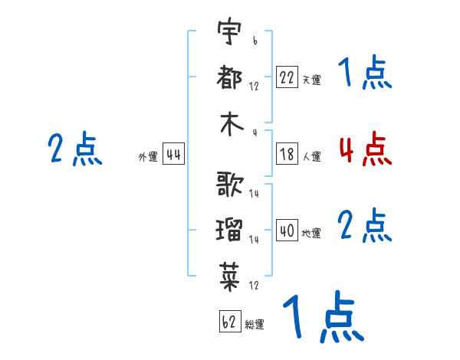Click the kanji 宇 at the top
(x=229, y=31)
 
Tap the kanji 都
(x=229, y=77)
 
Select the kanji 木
(x=232, y=124)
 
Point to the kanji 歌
(x=230, y=184)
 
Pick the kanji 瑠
(x=229, y=230)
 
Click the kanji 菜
(x=229, y=277)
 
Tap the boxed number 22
(x=287, y=77)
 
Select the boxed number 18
(x=287, y=154)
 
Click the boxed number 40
(x=287, y=230)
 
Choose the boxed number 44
(x=173, y=154)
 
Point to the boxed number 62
(x=230, y=321)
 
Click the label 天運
(x=312, y=80)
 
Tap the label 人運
(x=312, y=156)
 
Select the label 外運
(x=148, y=156)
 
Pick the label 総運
(x=255, y=324)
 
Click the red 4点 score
(x=366, y=149)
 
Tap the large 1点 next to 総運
(x=324, y=316)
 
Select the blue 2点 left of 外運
(x=75, y=149)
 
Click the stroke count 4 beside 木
(x=255, y=133)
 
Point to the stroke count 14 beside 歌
(x=254, y=193)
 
